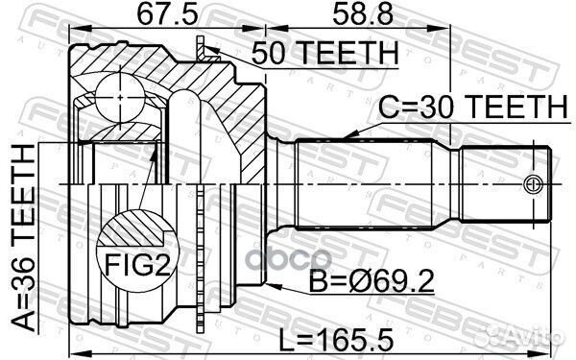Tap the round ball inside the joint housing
click(x=118, y=100)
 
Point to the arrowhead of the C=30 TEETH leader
click(x=354, y=135)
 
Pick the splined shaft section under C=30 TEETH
click(x=365, y=182)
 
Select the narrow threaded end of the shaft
click(x=504, y=182)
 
